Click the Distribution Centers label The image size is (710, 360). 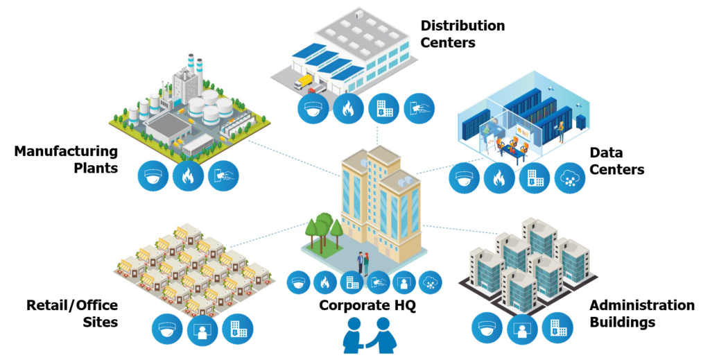(x=462, y=34)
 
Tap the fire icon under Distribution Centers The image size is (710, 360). (x=348, y=109)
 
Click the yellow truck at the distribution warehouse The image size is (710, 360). (x=304, y=82)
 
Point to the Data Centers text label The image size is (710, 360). (x=616, y=161)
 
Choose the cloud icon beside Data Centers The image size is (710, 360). (x=570, y=178)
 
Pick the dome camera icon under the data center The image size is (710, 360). (x=464, y=178)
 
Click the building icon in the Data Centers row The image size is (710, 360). (x=535, y=178)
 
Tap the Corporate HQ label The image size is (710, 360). (x=367, y=305)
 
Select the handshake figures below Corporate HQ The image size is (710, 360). (x=370, y=334)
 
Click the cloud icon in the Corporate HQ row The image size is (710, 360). (x=431, y=282)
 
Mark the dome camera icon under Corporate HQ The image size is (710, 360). (x=298, y=282)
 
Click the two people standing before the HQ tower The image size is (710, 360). (x=363, y=263)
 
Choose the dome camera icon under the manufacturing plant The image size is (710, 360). (x=153, y=175)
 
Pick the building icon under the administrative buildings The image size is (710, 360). (x=557, y=328)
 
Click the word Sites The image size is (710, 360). (x=101, y=322)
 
